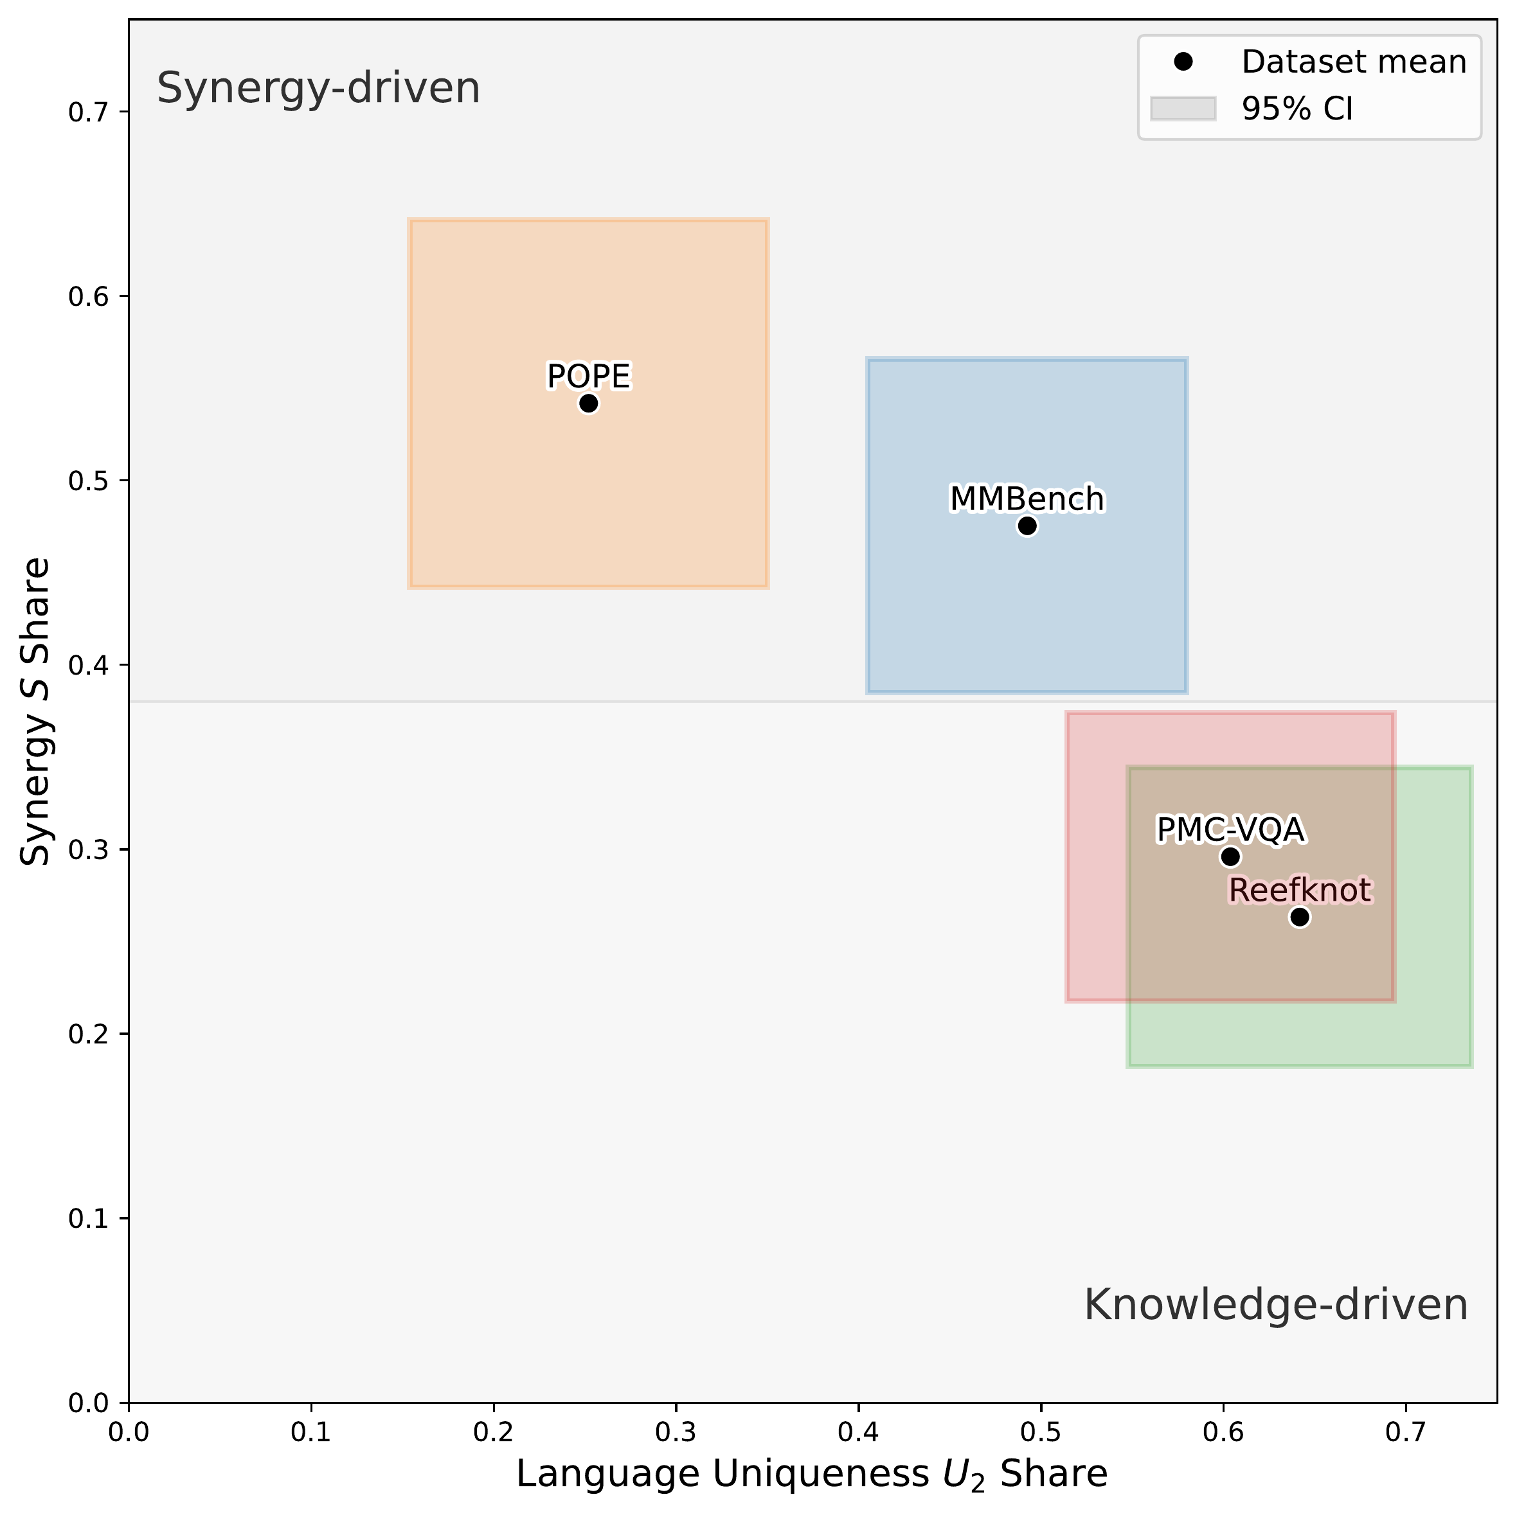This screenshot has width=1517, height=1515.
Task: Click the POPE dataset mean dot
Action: click(x=588, y=403)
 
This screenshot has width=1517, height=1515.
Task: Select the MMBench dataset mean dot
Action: click(x=1027, y=526)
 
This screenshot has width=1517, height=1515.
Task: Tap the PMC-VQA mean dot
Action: click(x=1230, y=856)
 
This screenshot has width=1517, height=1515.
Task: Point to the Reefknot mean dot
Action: click(x=1300, y=917)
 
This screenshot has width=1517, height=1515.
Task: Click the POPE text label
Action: click(x=588, y=377)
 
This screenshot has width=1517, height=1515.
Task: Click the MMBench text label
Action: click(x=1027, y=499)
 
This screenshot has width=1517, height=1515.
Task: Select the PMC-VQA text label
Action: click(x=1230, y=829)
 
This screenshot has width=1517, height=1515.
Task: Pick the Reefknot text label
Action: click(x=1300, y=890)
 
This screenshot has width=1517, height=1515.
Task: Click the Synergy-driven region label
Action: click(x=318, y=88)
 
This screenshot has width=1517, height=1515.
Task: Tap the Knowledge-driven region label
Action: click(x=1275, y=1306)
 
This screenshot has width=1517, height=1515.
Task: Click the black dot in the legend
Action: click(x=1183, y=62)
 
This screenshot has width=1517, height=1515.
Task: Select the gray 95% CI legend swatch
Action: click(x=1183, y=109)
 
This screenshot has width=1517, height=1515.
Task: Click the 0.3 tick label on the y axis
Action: click(x=87, y=851)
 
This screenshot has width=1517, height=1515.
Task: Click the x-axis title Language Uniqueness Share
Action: click(x=811, y=1474)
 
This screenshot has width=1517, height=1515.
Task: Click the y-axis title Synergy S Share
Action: click(x=35, y=712)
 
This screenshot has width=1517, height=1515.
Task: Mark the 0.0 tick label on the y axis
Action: click(x=87, y=1404)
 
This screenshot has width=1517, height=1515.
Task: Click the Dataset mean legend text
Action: click(x=1353, y=62)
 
